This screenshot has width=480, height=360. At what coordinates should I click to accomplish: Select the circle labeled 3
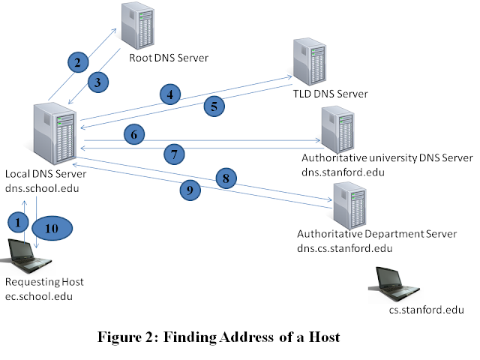tap(98, 82)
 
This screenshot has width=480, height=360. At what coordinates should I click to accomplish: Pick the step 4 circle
tap(170, 94)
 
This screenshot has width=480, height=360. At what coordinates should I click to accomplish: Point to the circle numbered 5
tap(214, 106)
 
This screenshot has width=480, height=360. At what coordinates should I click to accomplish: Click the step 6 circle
tap(133, 135)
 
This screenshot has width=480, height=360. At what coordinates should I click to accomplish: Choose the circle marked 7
tap(173, 155)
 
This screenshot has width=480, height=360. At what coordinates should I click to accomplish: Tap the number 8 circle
tap(225, 178)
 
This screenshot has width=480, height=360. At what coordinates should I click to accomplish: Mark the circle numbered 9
tap(190, 190)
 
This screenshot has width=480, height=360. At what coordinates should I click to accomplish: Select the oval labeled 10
tap(51, 228)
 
